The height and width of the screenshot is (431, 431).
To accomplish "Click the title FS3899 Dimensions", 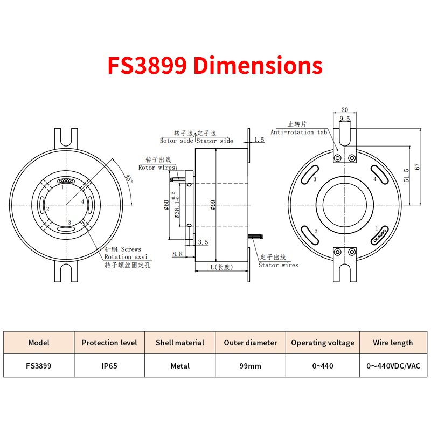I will [x=215, y=66].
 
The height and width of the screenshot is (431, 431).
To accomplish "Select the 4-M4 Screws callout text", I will [x=123, y=249].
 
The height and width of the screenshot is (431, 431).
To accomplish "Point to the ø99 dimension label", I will [x=213, y=205].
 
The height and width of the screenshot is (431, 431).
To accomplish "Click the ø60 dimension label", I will [x=166, y=205].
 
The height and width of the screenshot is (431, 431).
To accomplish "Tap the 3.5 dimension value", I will [x=203, y=242].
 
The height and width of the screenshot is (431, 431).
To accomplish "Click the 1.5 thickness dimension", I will [x=259, y=140].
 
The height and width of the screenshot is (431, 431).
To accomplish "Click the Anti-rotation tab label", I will [x=299, y=132].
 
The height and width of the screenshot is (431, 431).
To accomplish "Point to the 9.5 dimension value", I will [x=345, y=119].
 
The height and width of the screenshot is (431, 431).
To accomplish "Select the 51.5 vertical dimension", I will [x=407, y=176].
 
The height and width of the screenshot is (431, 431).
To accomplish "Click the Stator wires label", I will [x=278, y=265].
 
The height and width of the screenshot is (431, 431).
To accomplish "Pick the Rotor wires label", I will [x=157, y=168].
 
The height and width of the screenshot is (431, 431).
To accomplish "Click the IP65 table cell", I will [x=109, y=366].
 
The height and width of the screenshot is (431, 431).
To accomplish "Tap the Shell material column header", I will [x=180, y=343].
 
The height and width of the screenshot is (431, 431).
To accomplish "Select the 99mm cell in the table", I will [x=250, y=366].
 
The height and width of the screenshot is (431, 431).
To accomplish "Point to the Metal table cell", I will [x=180, y=366].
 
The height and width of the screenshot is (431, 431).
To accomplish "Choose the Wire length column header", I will [x=393, y=343].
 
